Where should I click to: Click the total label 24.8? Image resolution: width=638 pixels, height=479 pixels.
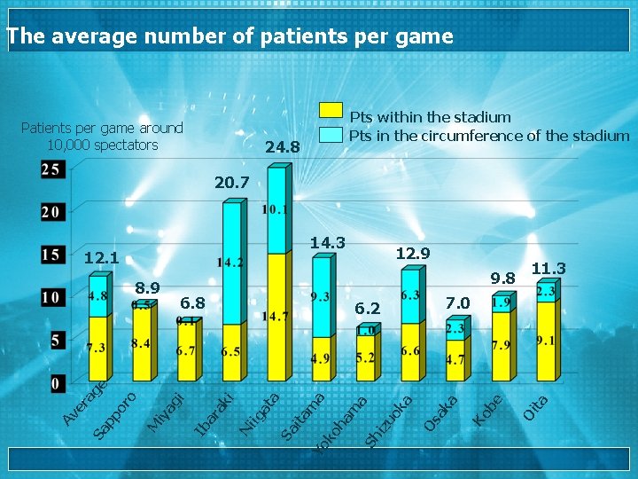tap(284, 146)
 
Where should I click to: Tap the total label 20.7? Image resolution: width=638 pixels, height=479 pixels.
tap(232, 184)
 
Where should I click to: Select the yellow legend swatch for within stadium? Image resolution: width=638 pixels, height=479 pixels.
tap(331, 111)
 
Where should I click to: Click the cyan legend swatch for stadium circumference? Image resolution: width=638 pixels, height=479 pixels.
tap(331, 134)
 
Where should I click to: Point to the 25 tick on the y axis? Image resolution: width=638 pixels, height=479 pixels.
tap(51, 169)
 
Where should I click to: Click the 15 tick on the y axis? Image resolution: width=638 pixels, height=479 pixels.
tap(51, 255)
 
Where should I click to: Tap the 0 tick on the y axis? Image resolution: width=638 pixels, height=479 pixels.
tap(55, 384)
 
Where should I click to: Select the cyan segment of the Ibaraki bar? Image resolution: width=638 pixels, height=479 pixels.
tap(231, 263)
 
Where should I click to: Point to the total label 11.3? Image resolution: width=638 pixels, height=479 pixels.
tap(549, 269)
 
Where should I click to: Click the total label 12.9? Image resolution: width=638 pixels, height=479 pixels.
tap(412, 254)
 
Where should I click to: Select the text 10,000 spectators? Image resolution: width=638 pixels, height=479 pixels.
tap(102, 145)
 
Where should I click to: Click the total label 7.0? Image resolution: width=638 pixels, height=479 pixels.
tap(457, 303)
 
